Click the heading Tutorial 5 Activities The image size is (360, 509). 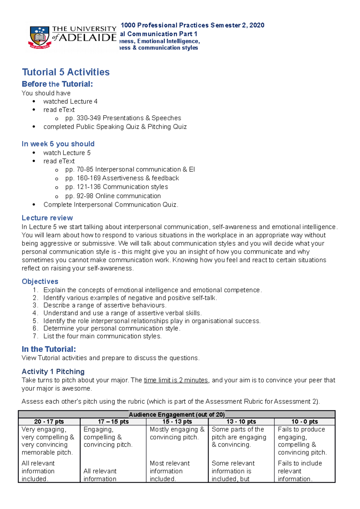pyautogui.click(x=66, y=72)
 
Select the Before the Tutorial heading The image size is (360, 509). pyautogui.click(x=57, y=84)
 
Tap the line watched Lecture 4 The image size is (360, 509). pyautogui.click(x=70, y=101)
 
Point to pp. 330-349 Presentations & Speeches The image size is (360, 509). pyautogui.click(x=123, y=118)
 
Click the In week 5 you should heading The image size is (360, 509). pyautogui.click(x=58, y=144)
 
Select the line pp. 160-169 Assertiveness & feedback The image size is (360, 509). pyautogui.click(x=122, y=178)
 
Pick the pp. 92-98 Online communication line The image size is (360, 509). pyautogui.click(x=113, y=196)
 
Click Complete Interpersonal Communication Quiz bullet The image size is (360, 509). pyautogui.click(x=110, y=205)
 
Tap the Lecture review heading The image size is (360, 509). pyautogui.click(x=47, y=218)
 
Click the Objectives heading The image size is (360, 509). pyautogui.click(x=40, y=281)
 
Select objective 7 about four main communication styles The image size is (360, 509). pyautogui.click(x=102, y=336)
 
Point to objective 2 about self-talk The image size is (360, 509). pyautogui.click(x=130, y=298)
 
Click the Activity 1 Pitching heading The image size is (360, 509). pyautogui.click(x=53, y=372)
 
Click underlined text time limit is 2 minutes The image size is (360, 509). pyautogui.click(x=176, y=380)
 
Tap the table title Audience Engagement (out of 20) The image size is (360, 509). pyautogui.click(x=176, y=415)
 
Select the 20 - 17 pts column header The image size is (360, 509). pyautogui.click(x=49, y=422)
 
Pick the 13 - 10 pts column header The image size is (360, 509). pyautogui.click(x=241, y=422)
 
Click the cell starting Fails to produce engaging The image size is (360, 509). pyautogui.click(x=302, y=441)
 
